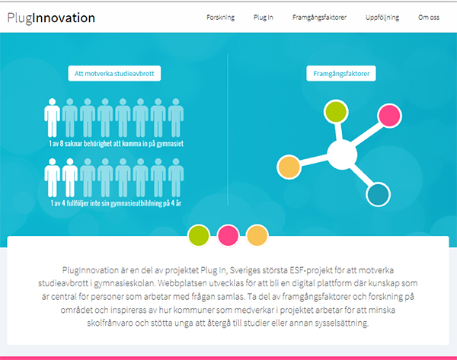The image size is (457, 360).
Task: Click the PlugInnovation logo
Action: pos(51,18)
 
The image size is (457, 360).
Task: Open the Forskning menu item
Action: pos(220,18)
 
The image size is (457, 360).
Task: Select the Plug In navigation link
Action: pos(264,18)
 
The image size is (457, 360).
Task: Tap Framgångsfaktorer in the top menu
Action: pos(319,18)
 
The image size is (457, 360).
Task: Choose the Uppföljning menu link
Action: pos(382,18)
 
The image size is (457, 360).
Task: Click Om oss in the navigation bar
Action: pos(429,18)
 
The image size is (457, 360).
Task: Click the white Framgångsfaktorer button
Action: pos(341,73)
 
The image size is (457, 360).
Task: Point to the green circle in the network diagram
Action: pos(336,111)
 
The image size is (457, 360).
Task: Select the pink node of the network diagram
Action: pos(389,116)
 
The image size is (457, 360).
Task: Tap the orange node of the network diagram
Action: pos(289,167)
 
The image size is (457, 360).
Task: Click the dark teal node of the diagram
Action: pos(379,194)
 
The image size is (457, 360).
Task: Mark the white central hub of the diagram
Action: pos(342,155)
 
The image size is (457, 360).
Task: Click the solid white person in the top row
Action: pos(52,118)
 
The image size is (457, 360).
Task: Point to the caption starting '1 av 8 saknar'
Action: pos(117,144)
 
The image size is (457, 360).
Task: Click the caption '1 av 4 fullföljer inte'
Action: pos(116,203)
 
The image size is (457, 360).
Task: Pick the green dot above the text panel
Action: pos(199,235)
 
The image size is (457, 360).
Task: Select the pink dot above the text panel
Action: pos(228,235)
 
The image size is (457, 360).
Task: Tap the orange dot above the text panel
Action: pos(257,235)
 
